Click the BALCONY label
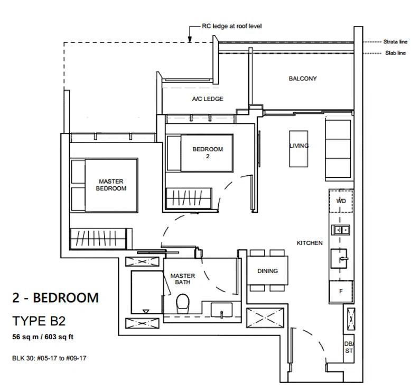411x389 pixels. tap(303, 78)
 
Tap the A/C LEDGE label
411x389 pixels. tap(208, 99)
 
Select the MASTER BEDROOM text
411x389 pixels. tap(111, 185)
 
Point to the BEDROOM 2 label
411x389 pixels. tap(208, 152)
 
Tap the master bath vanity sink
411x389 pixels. tap(221, 310)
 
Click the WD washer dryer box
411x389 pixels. tap(341, 201)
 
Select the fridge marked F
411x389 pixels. tap(341, 292)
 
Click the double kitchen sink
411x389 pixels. tap(341, 230)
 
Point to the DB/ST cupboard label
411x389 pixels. tap(349, 347)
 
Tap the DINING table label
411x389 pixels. tap(267, 271)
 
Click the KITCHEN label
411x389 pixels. tap(310, 243)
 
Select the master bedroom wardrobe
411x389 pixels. tap(101, 239)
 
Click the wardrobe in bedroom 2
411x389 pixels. tap(189, 198)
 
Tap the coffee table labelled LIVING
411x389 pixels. tap(298, 149)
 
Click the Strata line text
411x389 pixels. tap(395, 42)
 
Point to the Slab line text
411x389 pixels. tap(395, 53)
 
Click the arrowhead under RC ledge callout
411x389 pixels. tap(190, 39)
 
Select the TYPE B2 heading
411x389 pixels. tap(39, 321)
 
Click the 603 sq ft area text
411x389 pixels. tap(59, 337)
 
